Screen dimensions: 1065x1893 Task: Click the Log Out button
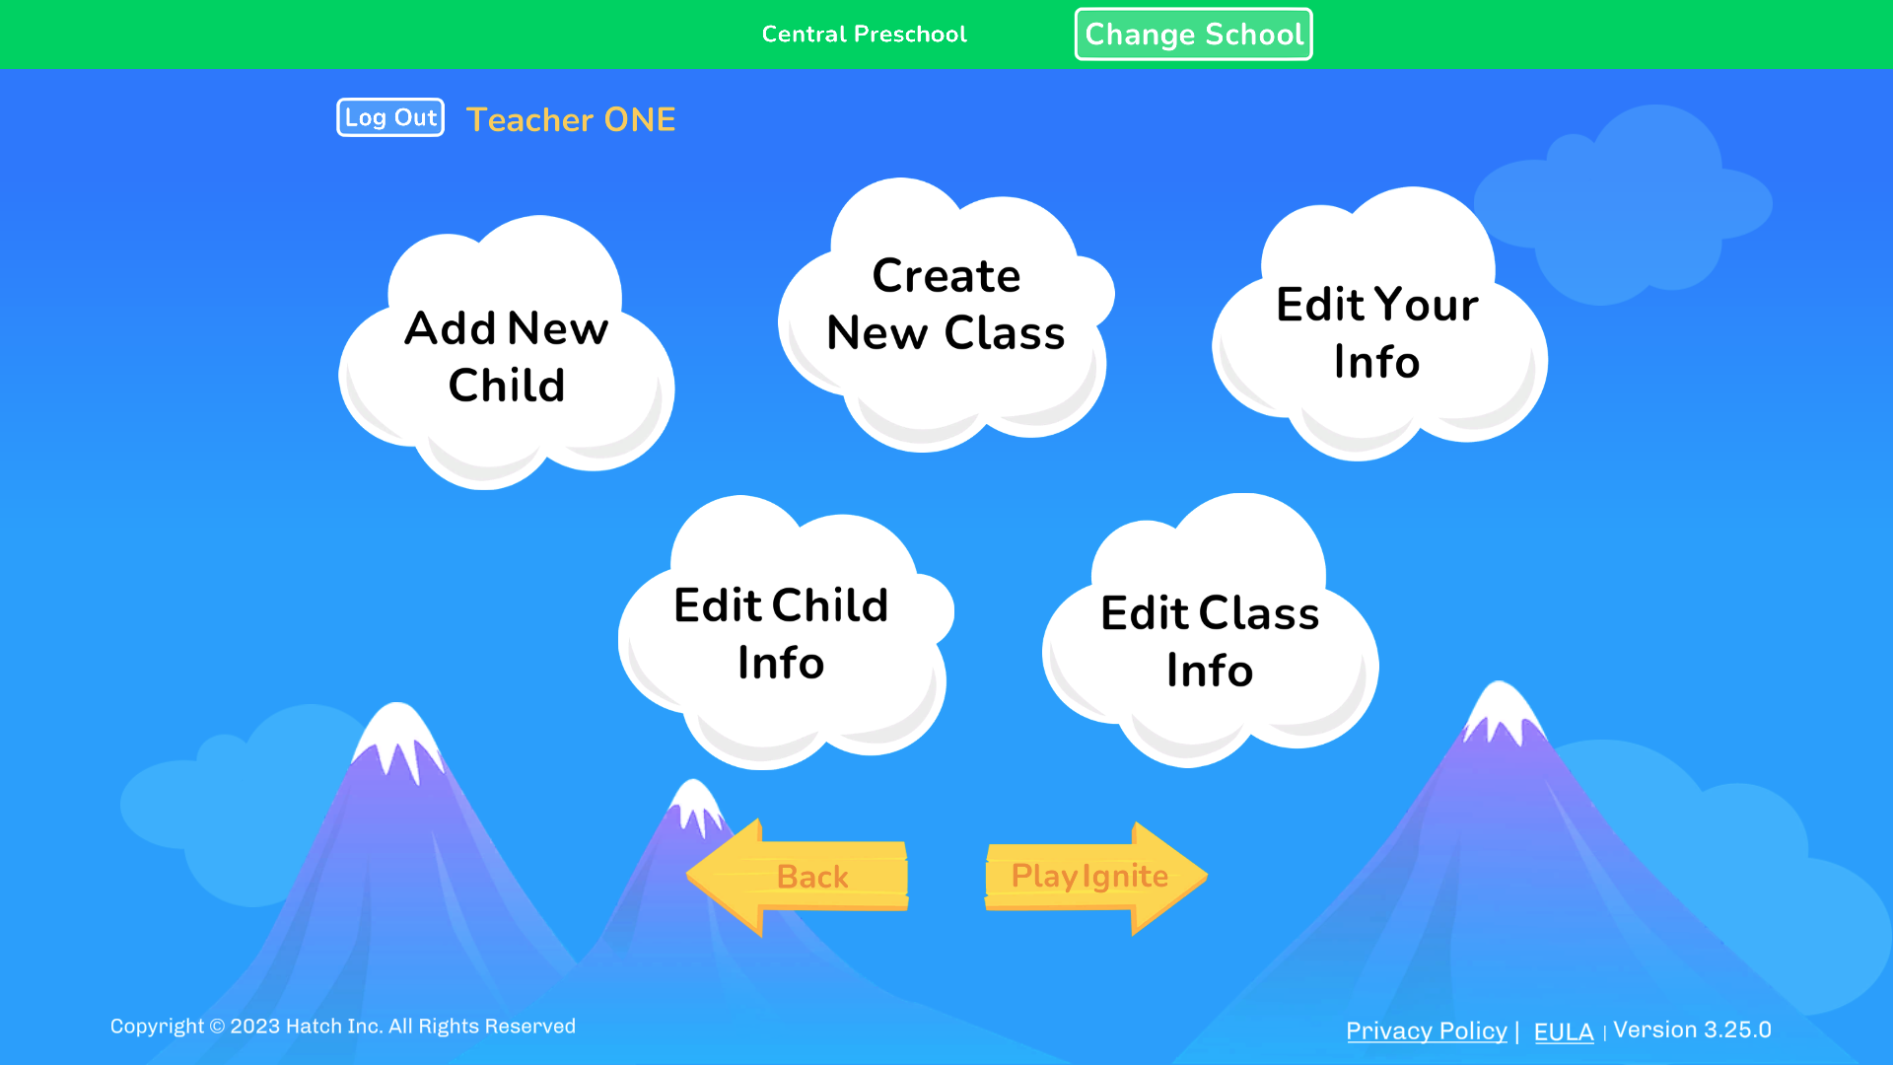pos(390,117)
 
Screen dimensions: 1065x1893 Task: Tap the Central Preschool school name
pos(864,35)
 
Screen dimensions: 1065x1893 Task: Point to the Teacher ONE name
pos(571,119)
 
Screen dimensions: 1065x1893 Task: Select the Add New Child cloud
pos(507,355)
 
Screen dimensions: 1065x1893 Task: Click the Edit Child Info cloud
pos(781,633)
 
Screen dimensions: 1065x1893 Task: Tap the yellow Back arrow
pos(799,877)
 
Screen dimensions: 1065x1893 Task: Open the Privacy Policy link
pos(1426,1030)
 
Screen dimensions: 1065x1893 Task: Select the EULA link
pos(1564,1031)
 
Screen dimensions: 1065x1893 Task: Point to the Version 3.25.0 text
pos(1692,1029)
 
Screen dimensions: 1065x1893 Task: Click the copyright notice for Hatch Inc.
pos(342,1027)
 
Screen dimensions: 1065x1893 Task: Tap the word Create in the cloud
pos(946,275)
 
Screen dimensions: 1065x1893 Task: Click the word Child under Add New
pos(507,385)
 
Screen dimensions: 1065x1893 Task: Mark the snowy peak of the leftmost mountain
pos(397,730)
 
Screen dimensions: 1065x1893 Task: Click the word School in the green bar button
pos(1255,35)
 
